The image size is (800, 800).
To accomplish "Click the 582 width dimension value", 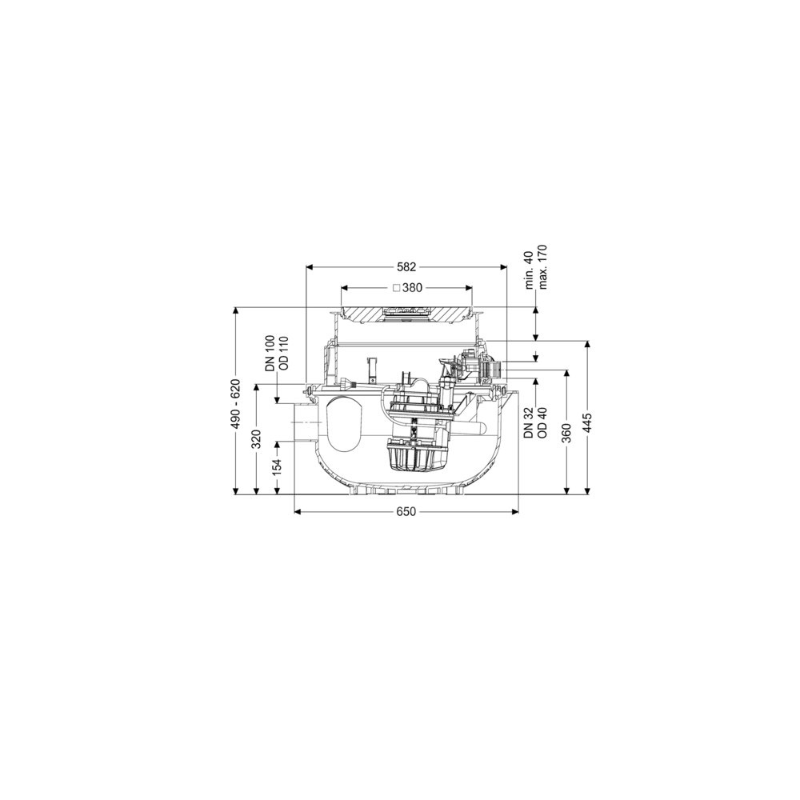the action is [x=407, y=267].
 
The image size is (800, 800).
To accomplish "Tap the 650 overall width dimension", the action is [x=406, y=512].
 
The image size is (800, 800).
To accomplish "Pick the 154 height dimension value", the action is [x=278, y=468].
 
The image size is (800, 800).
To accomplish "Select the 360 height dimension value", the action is [x=566, y=433].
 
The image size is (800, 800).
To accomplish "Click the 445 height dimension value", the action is [x=588, y=423].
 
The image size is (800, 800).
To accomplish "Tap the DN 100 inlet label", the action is [x=271, y=353].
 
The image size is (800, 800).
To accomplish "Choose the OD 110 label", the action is [x=284, y=353].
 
